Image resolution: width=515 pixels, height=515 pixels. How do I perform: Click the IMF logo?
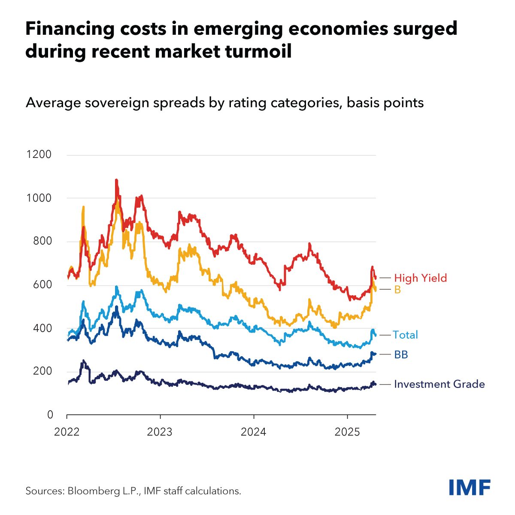coord(470,487)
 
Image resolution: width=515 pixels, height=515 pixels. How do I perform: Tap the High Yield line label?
coord(421,278)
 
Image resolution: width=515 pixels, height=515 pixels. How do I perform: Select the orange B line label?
coord(397,290)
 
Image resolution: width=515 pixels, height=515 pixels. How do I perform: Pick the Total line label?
coord(405,335)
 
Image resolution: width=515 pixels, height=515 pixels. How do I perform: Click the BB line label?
coord(401,354)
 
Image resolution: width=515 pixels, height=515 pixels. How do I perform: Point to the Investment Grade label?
coord(439,384)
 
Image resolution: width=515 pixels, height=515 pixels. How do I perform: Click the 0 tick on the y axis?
coord(50,415)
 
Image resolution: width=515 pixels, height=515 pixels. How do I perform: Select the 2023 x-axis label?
coord(160,432)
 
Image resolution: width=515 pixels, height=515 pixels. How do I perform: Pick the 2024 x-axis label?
coord(254,432)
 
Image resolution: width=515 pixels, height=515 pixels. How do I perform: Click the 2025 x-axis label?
coord(347,432)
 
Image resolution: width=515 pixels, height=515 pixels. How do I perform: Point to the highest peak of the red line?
coord(116,180)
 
